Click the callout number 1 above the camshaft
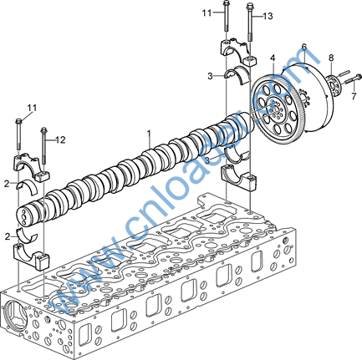click(149, 134)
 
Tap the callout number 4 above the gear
click(273, 58)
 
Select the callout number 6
click(304, 47)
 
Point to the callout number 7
click(354, 96)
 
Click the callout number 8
click(331, 58)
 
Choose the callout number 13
click(268, 16)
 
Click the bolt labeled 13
click(250, 22)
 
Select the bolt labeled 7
click(353, 79)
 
